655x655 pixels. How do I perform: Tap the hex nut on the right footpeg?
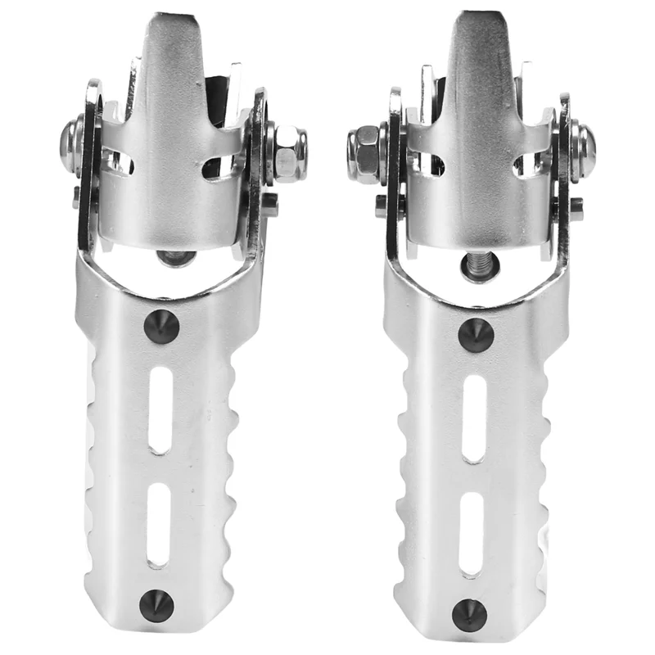pyautogui.click(x=363, y=153)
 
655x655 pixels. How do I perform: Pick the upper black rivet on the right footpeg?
pyautogui.click(x=475, y=335)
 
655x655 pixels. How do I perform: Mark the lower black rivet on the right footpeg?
pyautogui.click(x=469, y=613)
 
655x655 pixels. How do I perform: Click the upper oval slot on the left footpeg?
pyautogui.click(x=161, y=409)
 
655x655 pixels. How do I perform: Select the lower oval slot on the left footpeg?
pyautogui.click(x=158, y=525)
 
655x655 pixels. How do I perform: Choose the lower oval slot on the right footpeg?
pyautogui.click(x=471, y=533)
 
